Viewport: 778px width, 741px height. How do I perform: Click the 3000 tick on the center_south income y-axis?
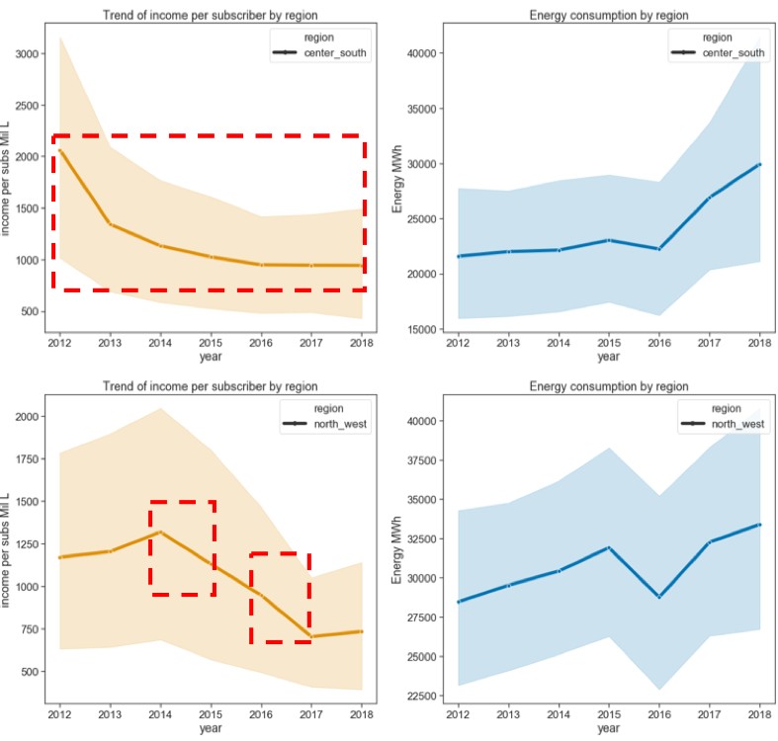(x=29, y=53)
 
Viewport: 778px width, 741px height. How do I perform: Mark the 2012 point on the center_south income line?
(x=59, y=150)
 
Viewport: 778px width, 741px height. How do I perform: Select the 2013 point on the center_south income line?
(x=110, y=224)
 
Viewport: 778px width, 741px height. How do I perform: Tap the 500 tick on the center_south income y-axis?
(x=32, y=312)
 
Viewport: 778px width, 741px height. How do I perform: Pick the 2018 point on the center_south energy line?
(x=758, y=164)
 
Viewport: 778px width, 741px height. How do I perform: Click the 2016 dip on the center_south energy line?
(x=657, y=249)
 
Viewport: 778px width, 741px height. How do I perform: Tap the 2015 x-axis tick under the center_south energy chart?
(x=607, y=343)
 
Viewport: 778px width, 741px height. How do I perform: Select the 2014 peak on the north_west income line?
(x=160, y=533)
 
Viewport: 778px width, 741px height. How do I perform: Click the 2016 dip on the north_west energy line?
(x=657, y=597)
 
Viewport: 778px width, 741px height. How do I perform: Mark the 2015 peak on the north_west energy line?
(x=607, y=547)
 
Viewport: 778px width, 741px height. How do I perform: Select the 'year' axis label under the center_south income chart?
(x=211, y=358)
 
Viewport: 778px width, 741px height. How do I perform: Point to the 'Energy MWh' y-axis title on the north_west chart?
(x=398, y=548)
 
